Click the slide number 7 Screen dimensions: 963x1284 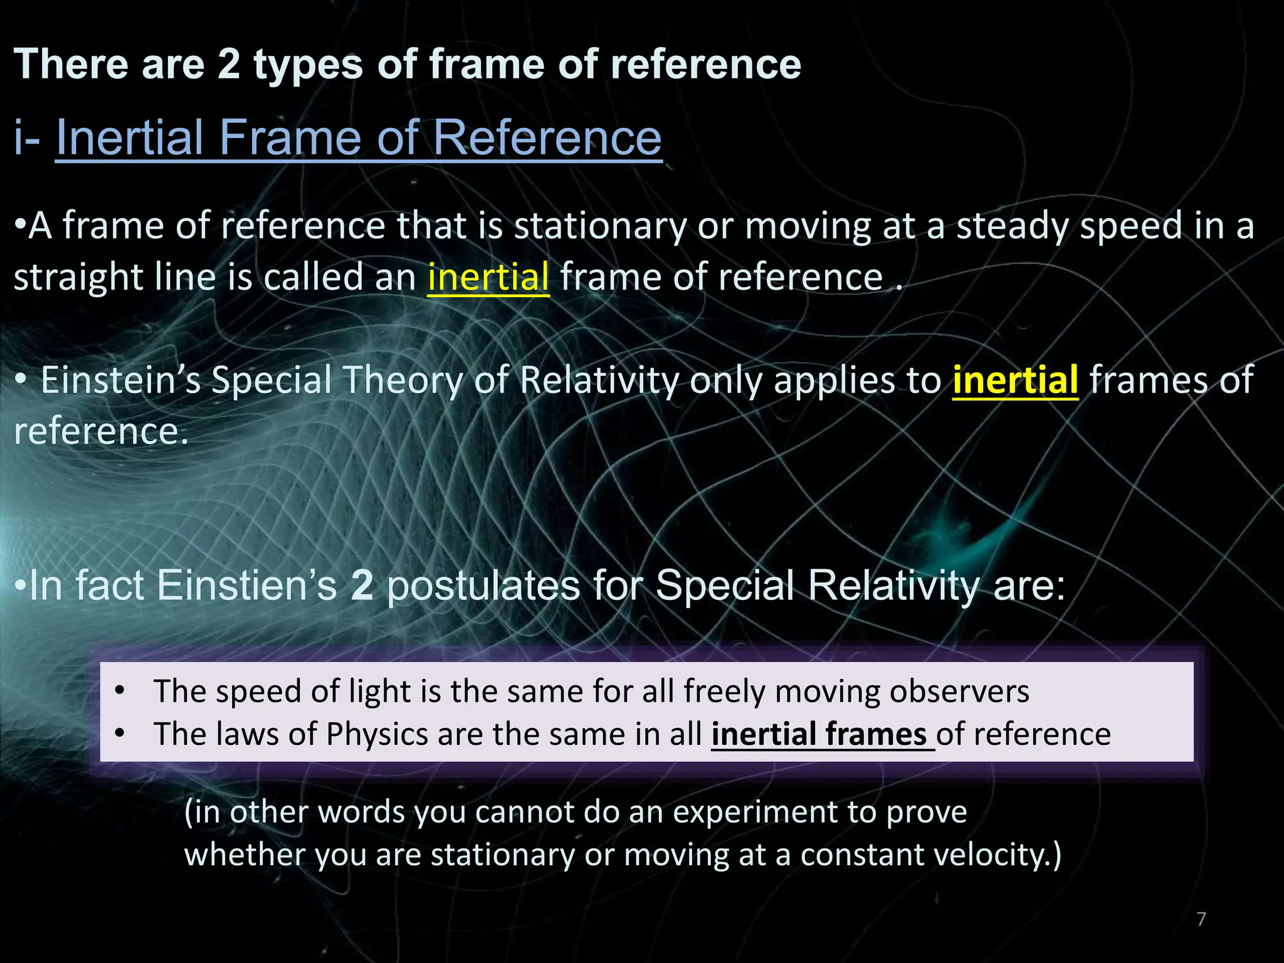click(x=1201, y=919)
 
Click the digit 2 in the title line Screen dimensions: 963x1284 click(x=229, y=65)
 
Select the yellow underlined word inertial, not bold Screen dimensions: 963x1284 click(x=488, y=276)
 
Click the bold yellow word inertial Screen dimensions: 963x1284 click(x=1015, y=380)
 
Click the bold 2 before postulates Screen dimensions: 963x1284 click(x=362, y=586)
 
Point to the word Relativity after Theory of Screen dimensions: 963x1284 click(x=599, y=380)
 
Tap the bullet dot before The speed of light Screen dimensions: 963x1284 click(x=120, y=692)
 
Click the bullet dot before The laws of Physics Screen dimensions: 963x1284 click(x=120, y=734)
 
